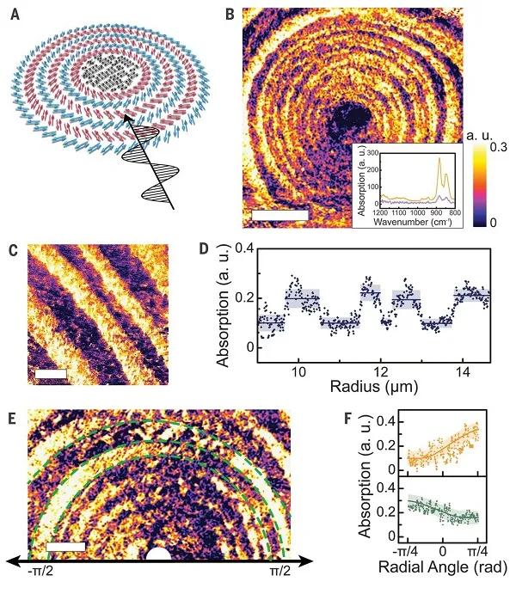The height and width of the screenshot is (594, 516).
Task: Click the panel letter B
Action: [230, 13]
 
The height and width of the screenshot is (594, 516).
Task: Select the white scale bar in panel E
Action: [65, 546]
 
